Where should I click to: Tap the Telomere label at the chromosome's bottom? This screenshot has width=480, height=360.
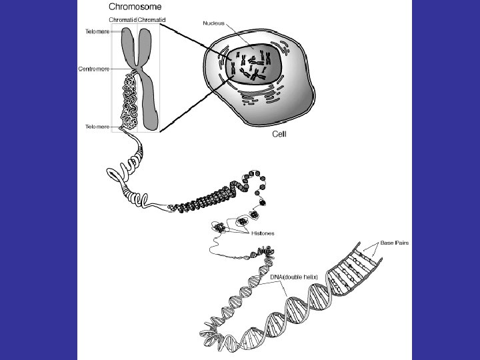point(97,127)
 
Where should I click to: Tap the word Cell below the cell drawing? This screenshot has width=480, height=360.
point(280,134)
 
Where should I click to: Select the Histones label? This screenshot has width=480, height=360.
point(263,234)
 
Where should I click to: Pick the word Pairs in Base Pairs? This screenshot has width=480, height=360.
point(402,243)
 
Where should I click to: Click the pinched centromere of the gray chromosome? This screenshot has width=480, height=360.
point(138,69)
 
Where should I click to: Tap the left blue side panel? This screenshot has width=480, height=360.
point(39,180)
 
